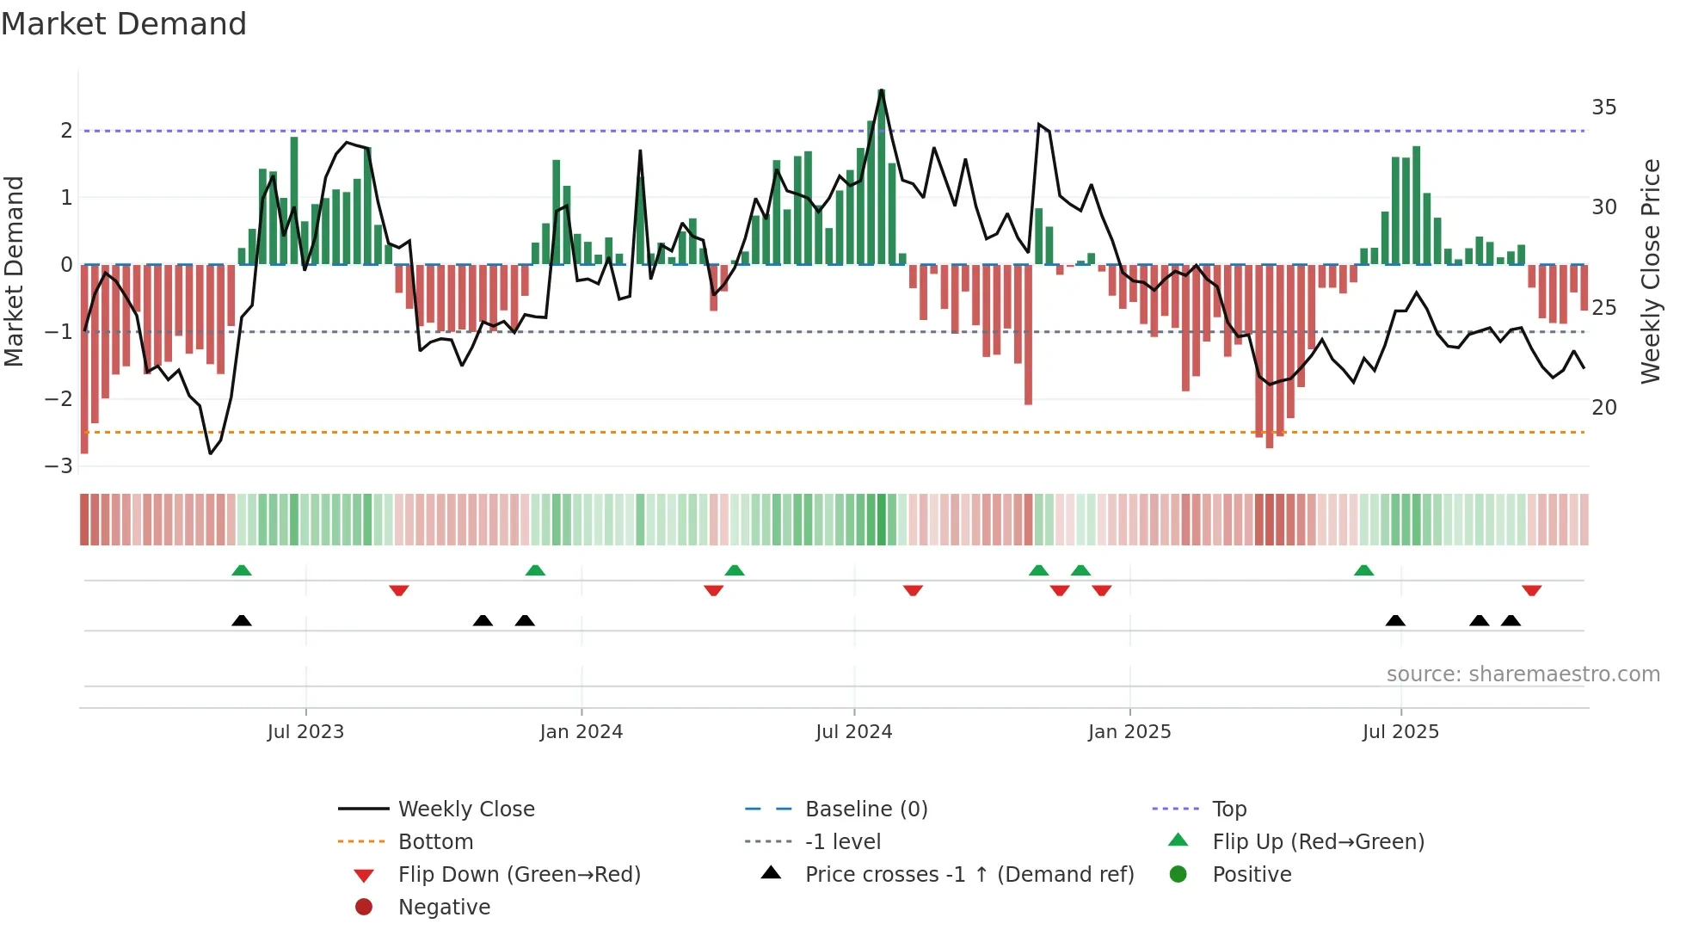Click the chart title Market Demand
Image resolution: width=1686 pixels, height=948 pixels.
[124, 24]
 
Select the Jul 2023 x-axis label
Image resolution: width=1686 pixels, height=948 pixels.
[305, 732]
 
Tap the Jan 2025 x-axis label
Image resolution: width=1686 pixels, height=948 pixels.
[1129, 732]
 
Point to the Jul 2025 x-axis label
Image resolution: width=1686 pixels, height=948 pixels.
[1400, 732]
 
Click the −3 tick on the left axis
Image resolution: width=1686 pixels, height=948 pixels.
[59, 466]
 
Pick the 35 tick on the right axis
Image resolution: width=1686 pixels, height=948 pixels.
[1603, 108]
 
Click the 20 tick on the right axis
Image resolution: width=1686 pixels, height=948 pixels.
[1603, 408]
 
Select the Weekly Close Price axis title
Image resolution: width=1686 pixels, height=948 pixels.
[1650, 271]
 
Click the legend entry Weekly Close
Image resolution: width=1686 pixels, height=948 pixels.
[465, 809]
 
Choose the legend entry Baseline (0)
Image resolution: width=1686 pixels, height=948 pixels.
[865, 809]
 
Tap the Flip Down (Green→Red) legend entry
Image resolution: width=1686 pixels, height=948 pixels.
[519, 875]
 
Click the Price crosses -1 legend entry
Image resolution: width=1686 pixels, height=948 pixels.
[969, 875]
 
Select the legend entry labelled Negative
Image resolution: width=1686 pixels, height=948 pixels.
[444, 908]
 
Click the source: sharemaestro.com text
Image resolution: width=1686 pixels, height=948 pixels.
[1523, 674]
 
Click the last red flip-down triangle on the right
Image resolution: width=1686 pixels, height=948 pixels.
[1531, 590]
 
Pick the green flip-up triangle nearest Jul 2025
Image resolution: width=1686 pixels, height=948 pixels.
[1363, 570]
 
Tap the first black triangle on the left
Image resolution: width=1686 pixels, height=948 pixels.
[242, 620]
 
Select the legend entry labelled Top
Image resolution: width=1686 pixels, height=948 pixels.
[1228, 809]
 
